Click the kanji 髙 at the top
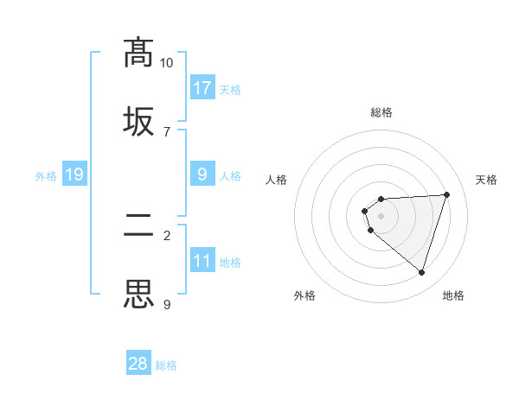(x=138, y=53)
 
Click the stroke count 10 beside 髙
(x=166, y=63)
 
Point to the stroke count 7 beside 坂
(x=166, y=131)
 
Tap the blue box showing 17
(x=202, y=87)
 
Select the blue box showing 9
(x=202, y=174)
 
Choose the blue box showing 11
(x=202, y=260)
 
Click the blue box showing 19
(x=74, y=174)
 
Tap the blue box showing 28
(x=138, y=364)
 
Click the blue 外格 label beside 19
(x=46, y=176)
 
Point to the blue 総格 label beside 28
(x=166, y=365)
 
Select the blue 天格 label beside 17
(x=230, y=89)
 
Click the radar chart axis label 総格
(x=381, y=112)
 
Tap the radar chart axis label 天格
(x=486, y=180)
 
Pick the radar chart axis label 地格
(x=453, y=295)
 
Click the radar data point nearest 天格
(x=446, y=194)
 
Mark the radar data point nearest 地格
(x=421, y=272)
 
